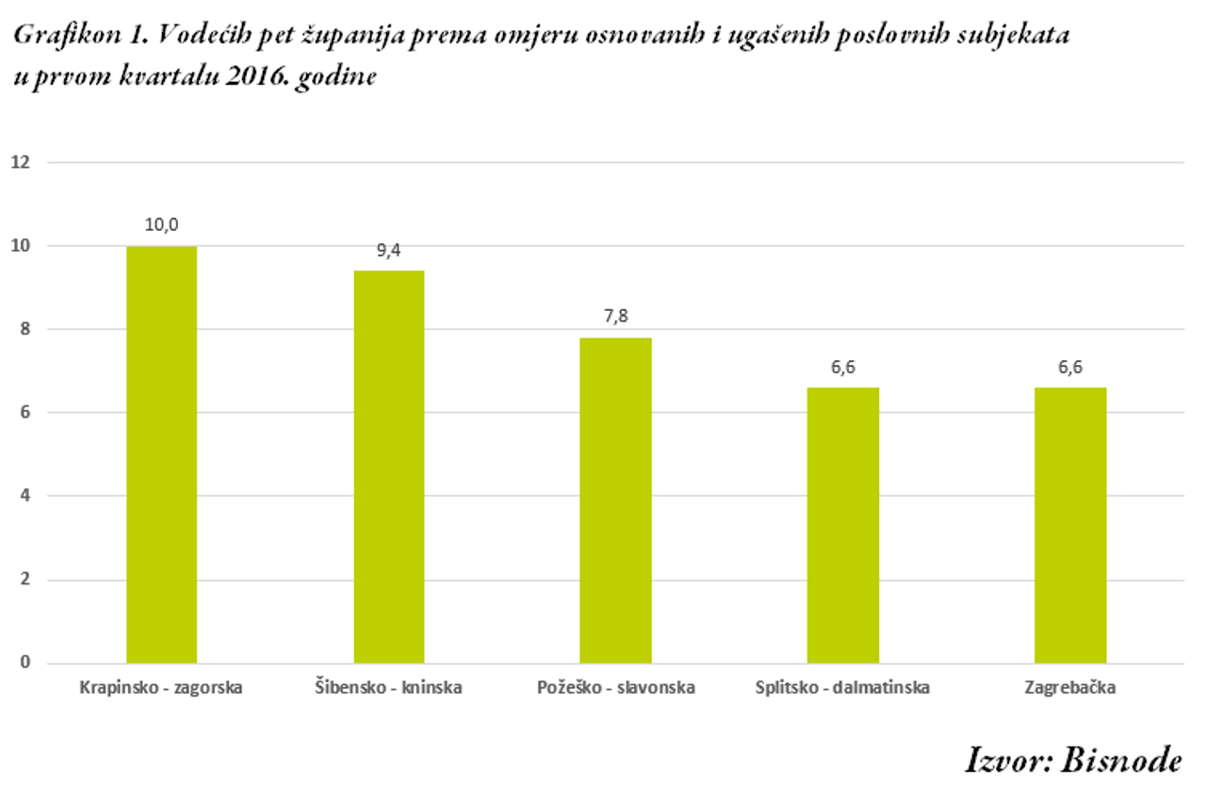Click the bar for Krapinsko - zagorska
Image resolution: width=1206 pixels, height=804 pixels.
click(161, 454)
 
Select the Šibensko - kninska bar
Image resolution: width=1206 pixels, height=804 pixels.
click(389, 467)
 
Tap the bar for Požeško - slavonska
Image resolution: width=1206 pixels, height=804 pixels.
click(615, 500)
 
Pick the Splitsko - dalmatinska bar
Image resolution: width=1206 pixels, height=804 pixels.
click(843, 525)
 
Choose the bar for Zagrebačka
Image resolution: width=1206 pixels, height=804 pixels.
click(1070, 525)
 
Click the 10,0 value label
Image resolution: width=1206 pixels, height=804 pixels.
click(161, 225)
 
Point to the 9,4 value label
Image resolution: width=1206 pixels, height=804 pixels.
click(389, 251)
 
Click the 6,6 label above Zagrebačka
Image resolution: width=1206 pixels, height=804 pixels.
click(1070, 368)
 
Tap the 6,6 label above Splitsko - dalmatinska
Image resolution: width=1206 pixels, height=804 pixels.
click(843, 368)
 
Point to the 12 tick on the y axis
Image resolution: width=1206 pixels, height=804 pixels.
click(21, 163)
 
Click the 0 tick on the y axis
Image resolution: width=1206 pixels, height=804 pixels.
click(25, 663)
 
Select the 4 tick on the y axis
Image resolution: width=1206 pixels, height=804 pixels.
click(25, 496)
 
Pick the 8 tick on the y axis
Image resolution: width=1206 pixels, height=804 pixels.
click(25, 330)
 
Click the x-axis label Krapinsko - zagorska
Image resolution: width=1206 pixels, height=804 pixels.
click(161, 688)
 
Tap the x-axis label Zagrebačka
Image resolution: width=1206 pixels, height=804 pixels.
click(1070, 688)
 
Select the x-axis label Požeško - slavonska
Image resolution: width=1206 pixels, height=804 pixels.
click(615, 688)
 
